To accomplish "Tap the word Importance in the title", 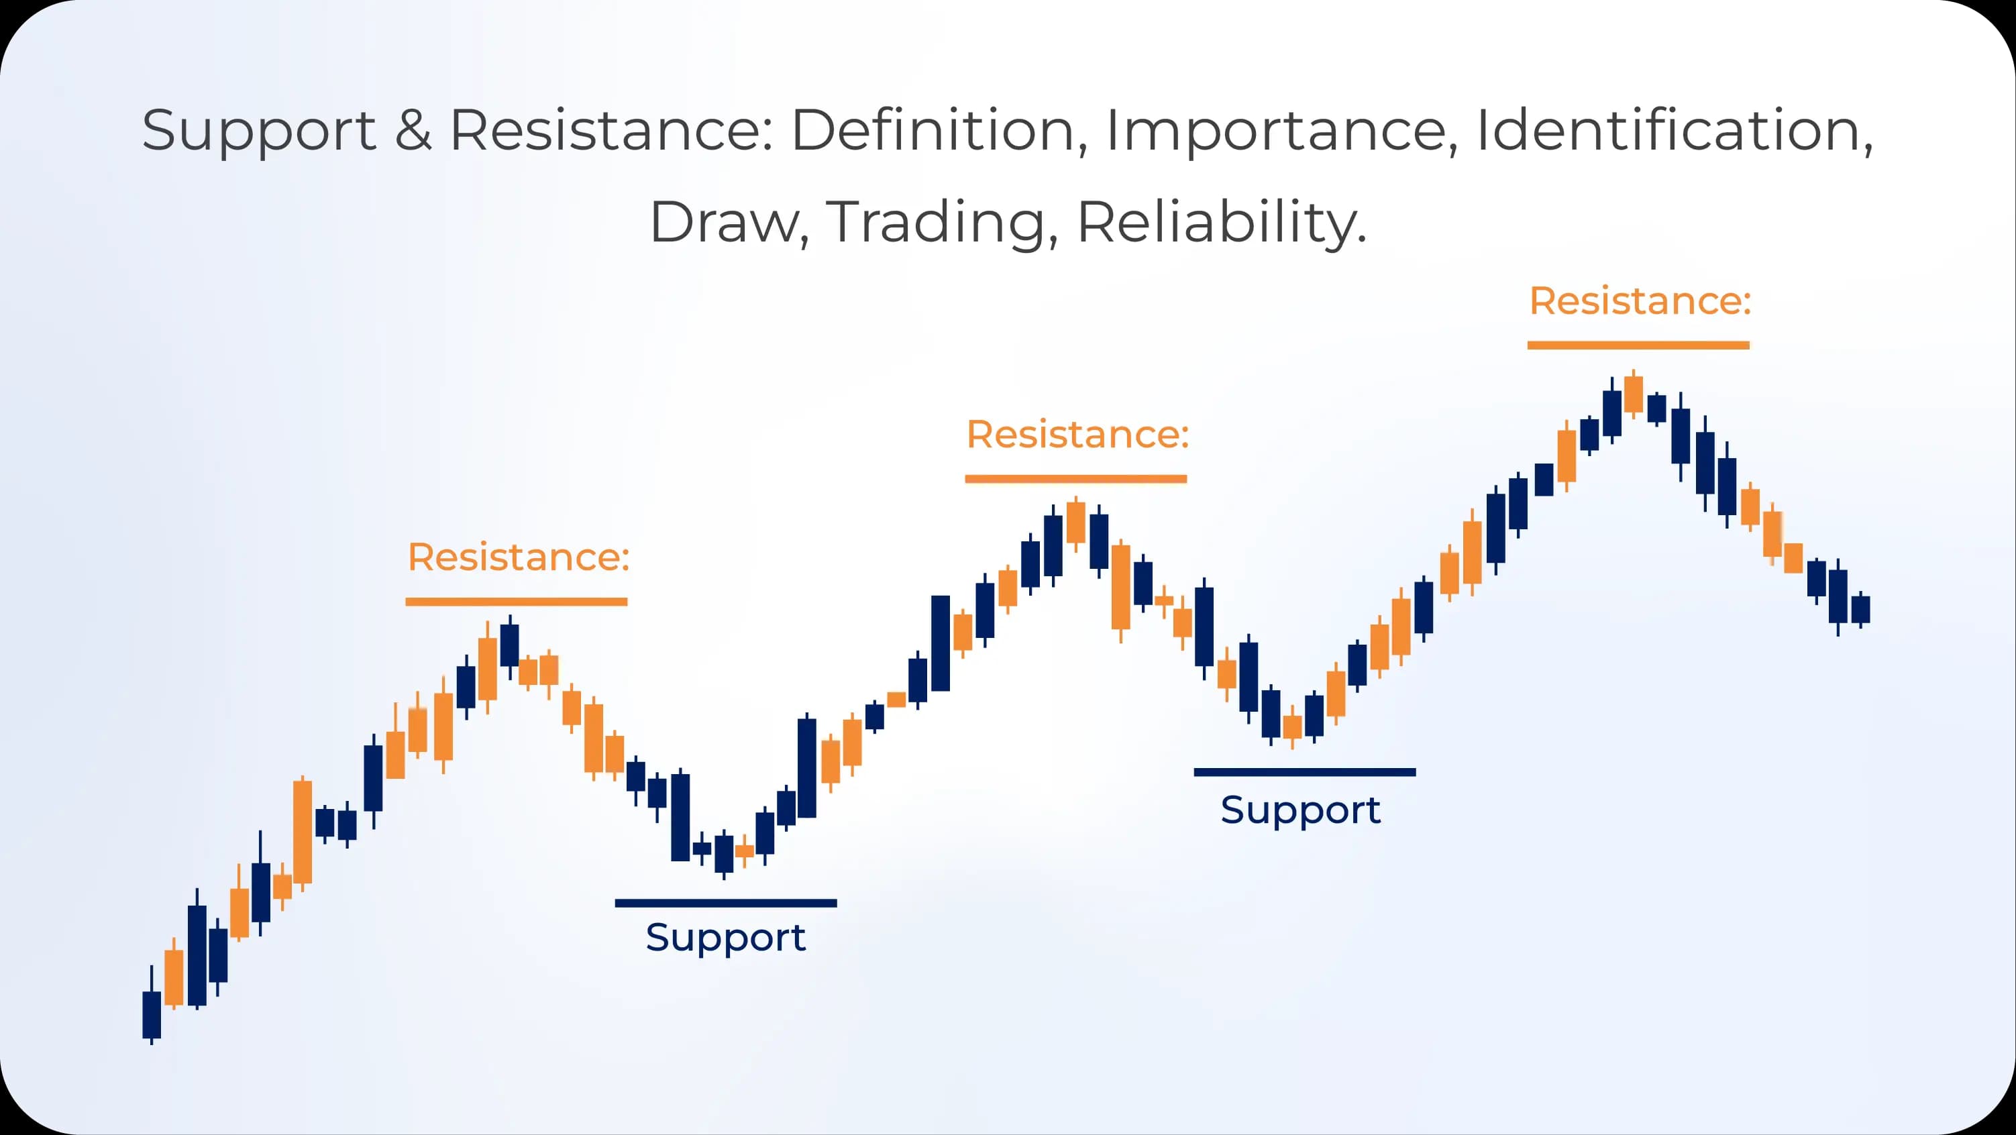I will point(1282,129).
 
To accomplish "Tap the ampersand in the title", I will point(413,129).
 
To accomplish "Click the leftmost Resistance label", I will point(518,557).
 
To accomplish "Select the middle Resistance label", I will point(1077,435).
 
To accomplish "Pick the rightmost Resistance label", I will point(1640,301).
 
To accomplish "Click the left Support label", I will point(725,938).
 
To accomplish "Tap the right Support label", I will point(1301,810).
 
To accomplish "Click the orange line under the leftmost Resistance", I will point(517,602).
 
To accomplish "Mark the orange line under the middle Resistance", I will point(1076,479).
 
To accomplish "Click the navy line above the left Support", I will point(725,904).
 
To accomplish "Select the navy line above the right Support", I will point(1305,773).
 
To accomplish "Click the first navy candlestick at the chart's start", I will point(151,1014).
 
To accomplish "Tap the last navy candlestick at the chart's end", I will point(1860,609).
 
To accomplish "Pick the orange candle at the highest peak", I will point(1634,394).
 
